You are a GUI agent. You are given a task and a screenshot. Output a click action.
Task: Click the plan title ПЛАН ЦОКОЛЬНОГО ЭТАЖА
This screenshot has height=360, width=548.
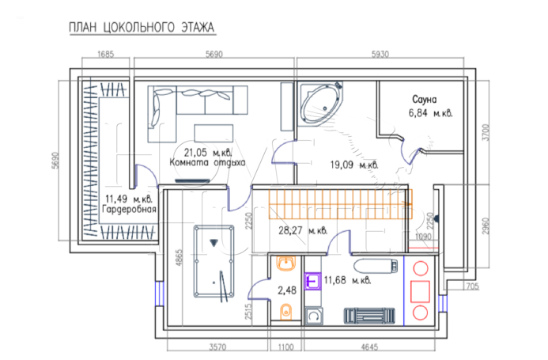coord(142,27)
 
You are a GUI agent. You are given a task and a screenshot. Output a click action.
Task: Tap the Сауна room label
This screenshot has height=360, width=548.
coord(425,100)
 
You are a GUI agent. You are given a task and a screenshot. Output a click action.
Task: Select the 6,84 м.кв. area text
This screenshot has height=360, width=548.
coord(430,113)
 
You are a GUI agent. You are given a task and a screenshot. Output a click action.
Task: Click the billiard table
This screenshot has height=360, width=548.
coord(214,261)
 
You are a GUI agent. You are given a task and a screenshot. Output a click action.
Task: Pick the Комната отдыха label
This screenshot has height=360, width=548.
coord(207,163)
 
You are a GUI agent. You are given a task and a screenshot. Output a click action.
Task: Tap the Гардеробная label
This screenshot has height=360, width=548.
coord(129,210)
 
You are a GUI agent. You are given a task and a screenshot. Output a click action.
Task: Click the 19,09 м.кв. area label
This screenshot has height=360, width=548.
coord(354,165)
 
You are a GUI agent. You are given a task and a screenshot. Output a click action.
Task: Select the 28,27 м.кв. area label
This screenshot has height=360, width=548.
coord(303,231)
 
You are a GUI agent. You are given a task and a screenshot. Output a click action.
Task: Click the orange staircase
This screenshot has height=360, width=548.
coord(340,204)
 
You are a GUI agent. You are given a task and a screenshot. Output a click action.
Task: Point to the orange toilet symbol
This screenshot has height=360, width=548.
coord(286,312)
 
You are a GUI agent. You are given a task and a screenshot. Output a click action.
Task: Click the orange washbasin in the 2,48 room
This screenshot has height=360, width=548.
coord(286,263)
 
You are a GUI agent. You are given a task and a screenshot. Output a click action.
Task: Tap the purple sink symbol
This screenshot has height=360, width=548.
coord(312,281)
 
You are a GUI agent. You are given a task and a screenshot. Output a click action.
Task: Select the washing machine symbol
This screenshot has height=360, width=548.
coord(313,316)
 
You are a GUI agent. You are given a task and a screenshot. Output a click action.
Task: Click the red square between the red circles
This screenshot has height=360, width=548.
coord(420,291)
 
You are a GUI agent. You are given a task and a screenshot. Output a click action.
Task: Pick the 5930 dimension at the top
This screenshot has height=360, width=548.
coord(380,55)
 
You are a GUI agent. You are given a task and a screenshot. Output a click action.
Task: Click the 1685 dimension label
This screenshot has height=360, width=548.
coord(105,55)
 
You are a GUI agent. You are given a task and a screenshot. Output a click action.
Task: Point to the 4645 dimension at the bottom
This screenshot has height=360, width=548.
coord(369,347)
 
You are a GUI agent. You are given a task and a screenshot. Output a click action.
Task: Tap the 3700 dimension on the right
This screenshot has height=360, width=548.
coord(486,133)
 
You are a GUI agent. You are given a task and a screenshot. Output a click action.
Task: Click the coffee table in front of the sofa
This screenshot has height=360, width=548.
coord(214,133)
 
